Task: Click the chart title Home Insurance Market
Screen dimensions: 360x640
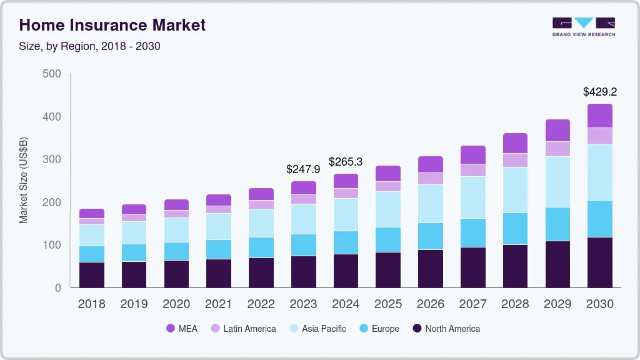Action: click(112, 25)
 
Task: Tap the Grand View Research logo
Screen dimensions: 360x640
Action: click(583, 26)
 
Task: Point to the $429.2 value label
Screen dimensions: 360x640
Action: click(600, 92)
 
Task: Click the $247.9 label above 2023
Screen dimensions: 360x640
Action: click(303, 169)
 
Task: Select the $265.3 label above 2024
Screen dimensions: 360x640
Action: click(346, 162)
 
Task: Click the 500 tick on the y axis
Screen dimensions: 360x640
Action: click(52, 74)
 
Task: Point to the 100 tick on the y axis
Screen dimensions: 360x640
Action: click(52, 245)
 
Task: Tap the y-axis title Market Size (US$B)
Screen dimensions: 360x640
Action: click(24, 181)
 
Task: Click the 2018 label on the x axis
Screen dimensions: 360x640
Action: click(91, 304)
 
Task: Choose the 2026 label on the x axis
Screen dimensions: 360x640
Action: click(431, 304)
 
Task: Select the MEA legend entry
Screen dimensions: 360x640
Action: click(182, 329)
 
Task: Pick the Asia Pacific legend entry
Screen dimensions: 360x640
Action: click(317, 329)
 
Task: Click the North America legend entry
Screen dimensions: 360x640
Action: click(446, 329)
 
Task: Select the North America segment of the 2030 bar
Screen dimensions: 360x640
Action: click(600, 262)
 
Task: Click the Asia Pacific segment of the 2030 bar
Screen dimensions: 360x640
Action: click(600, 172)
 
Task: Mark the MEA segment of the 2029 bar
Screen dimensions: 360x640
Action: click(557, 131)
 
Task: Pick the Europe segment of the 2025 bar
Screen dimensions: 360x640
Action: click(388, 240)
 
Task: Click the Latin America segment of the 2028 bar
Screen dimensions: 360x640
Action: click(515, 161)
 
